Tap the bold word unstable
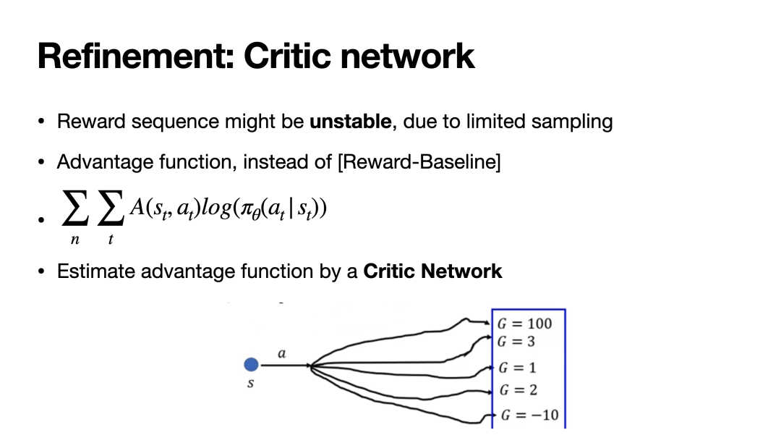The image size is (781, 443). tap(351, 122)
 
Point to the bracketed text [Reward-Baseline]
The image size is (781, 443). tap(419, 162)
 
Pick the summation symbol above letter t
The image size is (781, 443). tap(109, 211)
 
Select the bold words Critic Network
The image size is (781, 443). tap(432, 271)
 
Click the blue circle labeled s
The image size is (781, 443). tap(250, 366)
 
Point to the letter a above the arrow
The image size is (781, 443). tap(282, 354)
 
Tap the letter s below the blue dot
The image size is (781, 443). tap(250, 384)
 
